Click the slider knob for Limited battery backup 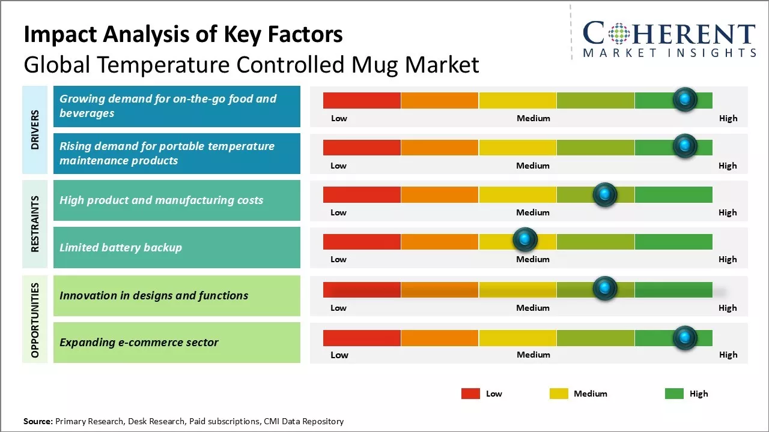pyautogui.click(x=525, y=240)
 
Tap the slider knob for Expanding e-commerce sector pyautogui.click(x=684, y=338)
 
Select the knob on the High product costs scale pyautogui.click(x=604, y=194)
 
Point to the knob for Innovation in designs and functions pyautogui.click(x=604, y=289)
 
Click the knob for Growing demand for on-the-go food pyautogui.click(x=685, y=100)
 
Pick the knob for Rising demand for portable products pyautogui.click(x=685, y=146)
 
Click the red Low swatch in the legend pyautogui.click(x=470, y=394)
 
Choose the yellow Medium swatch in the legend pyautogui.click(x=559, y=394)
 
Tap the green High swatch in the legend pyautogui.click(x=674, y=394)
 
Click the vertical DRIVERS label pyautogui.click(x=35, y=130)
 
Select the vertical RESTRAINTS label pyautogui.click(x=35, y=224)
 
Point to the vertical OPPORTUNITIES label pyautogui.click(x=35, y=320)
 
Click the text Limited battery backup pyautogui.click(x=121, y=248)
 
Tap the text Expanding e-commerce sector pyautogui.click(x=139, y=343)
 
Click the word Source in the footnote pyautogui.click(x=38, y=421)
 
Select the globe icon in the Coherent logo pyautogui.click(x=618, y=34)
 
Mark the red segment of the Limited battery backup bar pyautogui.click(x=362, y=241)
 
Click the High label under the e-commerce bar pyautogui.click(x=728, y=355)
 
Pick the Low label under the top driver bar pyautogui.click(x=339, y=118)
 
